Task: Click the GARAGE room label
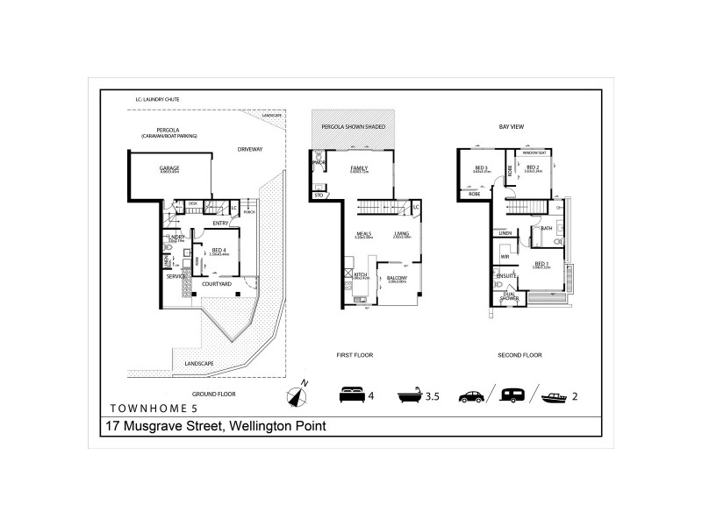[x=169, y=167]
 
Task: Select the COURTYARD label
[x=216, y=284]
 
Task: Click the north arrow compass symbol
[x=297, y=396]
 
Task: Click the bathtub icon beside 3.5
[x=410, y=396]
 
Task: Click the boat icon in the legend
[x=554, y=396]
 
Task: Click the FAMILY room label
[x=358, y=167]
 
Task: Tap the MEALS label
[x=363, y=234]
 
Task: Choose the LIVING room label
[x=402, y=234]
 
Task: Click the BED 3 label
[x=481, y=168]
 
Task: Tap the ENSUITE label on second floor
[x=506, y=275]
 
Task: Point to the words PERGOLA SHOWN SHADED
[x=354, y=127]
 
